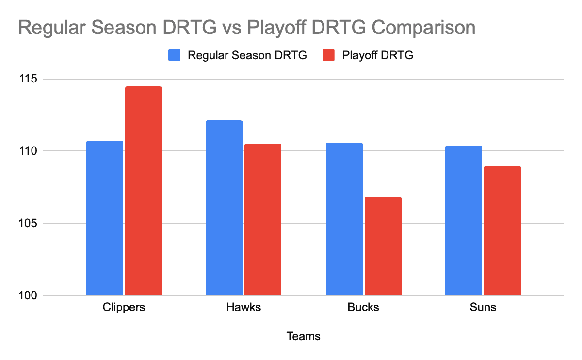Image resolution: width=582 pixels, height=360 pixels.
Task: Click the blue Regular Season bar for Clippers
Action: [x=105, y=218]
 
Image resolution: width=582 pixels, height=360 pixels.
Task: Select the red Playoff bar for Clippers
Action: [x=144, y=191]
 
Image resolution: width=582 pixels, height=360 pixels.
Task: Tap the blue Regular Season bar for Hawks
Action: [x=224, y=208]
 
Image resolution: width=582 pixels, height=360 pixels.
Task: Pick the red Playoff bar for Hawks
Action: [x=263, y=219]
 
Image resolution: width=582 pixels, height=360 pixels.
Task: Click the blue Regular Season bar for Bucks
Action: [x=344, y=219]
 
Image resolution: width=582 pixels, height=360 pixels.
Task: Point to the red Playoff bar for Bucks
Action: [x=383, y=246]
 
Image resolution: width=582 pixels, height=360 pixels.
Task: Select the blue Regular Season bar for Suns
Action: [x=464, y=220]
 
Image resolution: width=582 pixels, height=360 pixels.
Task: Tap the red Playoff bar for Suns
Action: [x=502, y=230]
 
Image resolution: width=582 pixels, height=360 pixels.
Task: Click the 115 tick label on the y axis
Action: [x=28, y=79]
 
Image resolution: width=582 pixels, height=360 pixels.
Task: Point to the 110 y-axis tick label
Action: [x=28, y=151]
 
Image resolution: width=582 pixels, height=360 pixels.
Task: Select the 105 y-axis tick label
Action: [x=28, y=223]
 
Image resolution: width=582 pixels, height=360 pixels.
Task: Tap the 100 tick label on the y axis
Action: [x=28, y=295]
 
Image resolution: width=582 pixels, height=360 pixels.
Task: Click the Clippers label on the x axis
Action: [x=124, y=308]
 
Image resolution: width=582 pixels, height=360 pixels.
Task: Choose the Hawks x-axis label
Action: [x=243, y=307]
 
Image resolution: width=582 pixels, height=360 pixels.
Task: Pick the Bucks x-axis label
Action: [x=363, y=307]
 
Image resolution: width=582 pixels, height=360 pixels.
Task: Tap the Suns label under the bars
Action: [x=483, y=307]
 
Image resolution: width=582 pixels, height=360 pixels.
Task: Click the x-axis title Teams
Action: [x=303, y=336]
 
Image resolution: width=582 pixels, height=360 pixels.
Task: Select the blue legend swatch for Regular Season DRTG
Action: [x=174, y=55]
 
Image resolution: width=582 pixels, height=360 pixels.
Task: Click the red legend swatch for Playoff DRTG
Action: [x=328, y=55]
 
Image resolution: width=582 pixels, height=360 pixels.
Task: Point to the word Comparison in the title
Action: [x=423, y=28]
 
